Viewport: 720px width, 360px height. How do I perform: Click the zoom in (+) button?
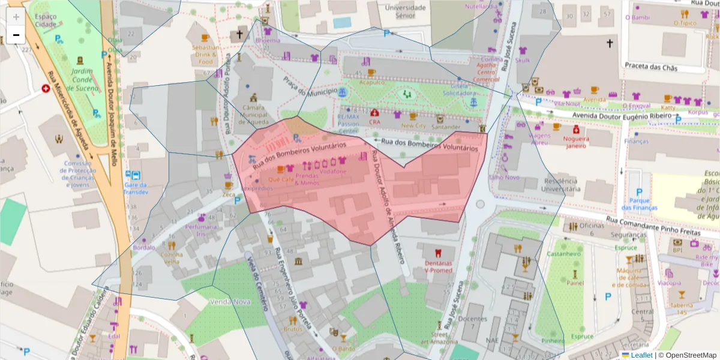16,17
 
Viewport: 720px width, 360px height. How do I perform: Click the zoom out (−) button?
16,35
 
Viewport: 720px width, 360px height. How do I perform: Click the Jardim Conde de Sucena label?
81,80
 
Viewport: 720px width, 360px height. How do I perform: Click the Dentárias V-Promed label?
438,266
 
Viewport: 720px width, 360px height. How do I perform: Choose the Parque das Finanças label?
636,204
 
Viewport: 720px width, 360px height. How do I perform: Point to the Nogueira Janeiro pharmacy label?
575,141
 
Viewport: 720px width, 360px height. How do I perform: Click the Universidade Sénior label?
405,11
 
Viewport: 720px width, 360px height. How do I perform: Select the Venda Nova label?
230,302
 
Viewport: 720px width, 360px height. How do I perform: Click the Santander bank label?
446,126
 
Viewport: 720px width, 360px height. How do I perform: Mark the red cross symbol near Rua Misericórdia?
46,89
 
